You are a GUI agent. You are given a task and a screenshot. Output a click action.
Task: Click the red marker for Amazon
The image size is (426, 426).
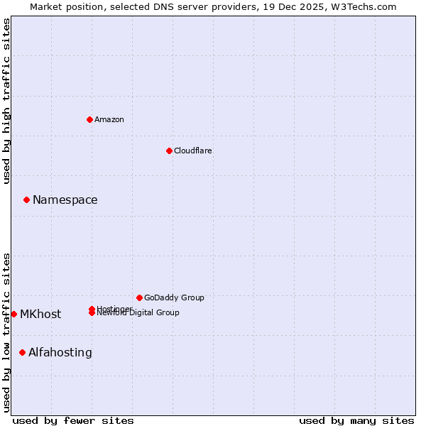[x=89, y=119]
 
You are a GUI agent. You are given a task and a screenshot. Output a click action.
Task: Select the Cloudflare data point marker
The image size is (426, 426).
[x=169, y=151]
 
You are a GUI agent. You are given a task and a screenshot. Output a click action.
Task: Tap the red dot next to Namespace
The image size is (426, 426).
[x=26, y=200]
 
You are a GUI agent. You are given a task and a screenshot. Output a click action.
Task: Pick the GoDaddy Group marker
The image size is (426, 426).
[x=139, y=297]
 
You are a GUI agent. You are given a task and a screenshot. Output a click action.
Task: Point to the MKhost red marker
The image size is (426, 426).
[x=13, y=314]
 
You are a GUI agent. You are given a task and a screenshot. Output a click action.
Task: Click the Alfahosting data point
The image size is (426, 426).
[x=22, y=352]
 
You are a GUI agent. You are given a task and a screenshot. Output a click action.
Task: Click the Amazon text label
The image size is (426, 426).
[x=109, y=119]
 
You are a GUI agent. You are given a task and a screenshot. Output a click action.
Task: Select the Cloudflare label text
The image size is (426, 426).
[x=193, y=151]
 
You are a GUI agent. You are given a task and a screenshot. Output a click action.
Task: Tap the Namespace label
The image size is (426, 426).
[x=65, y=200]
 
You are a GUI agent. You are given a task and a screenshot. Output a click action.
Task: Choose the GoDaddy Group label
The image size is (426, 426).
[x=174, y=297]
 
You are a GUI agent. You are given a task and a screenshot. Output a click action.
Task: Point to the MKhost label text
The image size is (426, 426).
[x=40, y=314]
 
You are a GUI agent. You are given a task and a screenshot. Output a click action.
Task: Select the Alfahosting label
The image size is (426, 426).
[x=60, y=352]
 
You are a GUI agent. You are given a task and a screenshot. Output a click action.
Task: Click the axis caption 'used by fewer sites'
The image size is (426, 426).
[x=73, y=420]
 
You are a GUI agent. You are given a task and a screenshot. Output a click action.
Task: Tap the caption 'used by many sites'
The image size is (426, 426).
[x=356, y=420]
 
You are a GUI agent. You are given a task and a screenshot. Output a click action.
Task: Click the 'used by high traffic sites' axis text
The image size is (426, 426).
[x=7, y=101]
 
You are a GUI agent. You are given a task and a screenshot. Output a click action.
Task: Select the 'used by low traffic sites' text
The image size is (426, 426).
[x=7, y=332]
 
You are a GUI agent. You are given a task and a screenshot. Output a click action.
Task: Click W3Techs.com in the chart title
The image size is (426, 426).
[x=361, y=6]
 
